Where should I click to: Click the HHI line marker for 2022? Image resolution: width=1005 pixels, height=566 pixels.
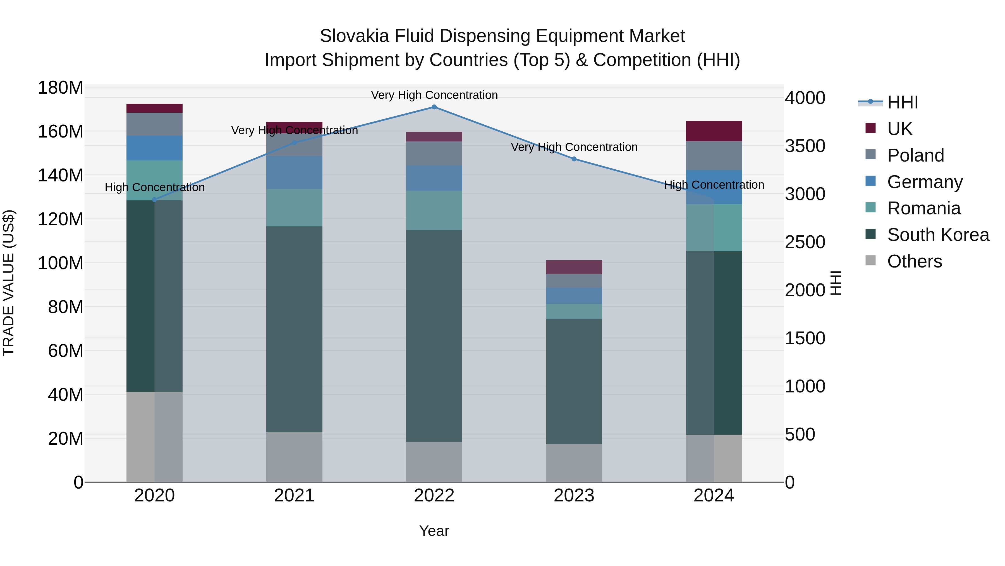click(434, 107)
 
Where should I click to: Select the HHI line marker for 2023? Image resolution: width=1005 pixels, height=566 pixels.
click(574, 159)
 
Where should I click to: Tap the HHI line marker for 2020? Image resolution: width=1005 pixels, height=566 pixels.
click(154, 200)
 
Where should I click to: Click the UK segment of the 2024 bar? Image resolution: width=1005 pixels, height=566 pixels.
click(714, 131)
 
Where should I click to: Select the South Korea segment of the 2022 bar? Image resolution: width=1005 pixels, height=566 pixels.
click(434, 336)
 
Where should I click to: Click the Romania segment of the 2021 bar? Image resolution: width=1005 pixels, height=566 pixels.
click(294, 207)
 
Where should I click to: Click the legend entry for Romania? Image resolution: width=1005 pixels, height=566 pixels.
click(923, 208)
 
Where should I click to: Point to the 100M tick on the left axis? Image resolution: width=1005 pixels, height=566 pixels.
click(61, 263)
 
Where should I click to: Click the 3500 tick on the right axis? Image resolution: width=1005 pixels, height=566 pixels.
click(805, 146)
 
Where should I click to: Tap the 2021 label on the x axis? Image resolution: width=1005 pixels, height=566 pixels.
click(294, 496)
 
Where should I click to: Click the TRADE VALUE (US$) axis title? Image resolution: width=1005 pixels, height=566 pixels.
click(9, 283)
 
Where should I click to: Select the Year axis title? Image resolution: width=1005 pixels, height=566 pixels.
click(434, 531)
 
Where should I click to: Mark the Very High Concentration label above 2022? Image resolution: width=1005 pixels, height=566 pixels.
click(434, 95)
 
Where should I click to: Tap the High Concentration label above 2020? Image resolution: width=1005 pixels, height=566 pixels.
click(154, 187)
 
